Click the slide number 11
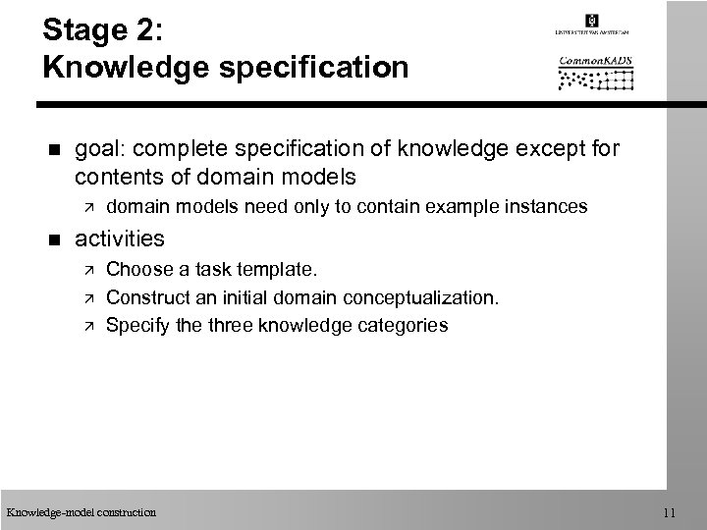[x=668, y=511]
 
